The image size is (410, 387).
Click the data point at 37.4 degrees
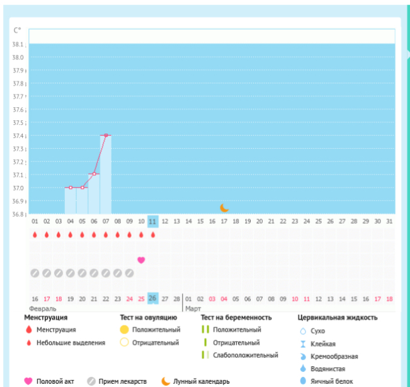point(106,135)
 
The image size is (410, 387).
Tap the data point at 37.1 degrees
point(94,174)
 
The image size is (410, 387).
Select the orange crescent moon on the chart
point(224,207)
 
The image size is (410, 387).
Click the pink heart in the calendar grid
point(141,260)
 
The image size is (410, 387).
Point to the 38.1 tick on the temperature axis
point(19,44)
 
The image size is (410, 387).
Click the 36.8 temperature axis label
point(19,214)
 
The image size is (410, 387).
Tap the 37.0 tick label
point(19,188)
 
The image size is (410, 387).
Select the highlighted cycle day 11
point(152,221)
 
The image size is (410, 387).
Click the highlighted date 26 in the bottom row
point(152,298)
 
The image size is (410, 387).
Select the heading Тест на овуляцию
point(149,318)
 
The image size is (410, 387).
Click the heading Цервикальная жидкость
point(338,318)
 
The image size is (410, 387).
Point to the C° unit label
point(18,30)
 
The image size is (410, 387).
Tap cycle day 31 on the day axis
point(389,221)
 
